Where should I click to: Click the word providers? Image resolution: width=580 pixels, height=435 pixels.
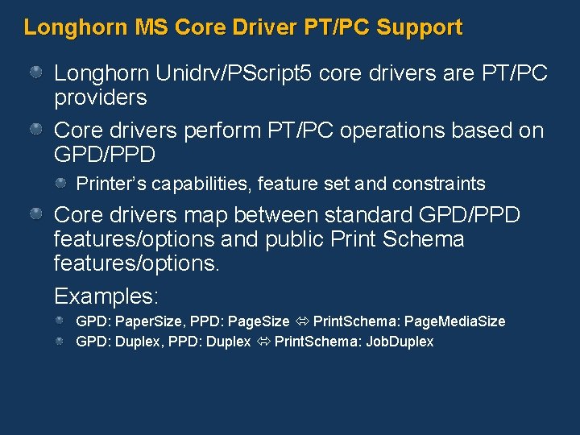point(100,97)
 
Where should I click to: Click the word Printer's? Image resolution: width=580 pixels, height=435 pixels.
point(108,184)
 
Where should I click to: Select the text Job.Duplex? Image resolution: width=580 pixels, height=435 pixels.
point(400,342)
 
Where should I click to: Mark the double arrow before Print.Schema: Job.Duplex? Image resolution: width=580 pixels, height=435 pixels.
point(263,342)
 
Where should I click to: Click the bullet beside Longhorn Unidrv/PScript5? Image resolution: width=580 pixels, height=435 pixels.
point(37,73)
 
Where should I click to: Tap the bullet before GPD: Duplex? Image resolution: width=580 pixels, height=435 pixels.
point(60,342)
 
